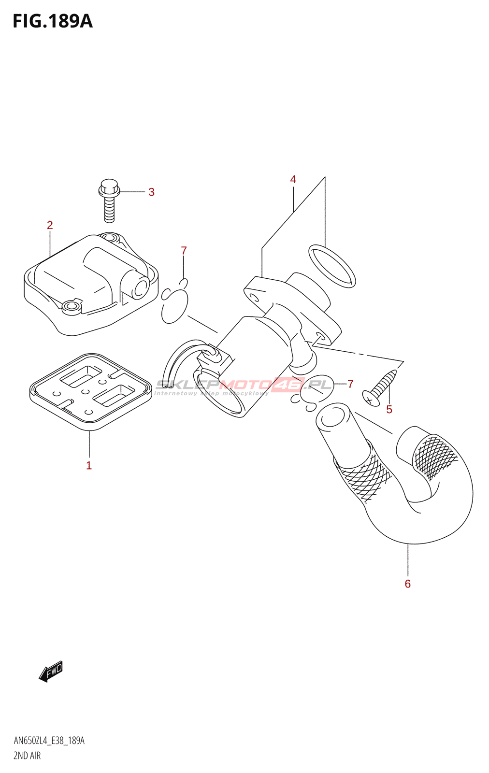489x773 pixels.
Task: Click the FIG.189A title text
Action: [52, 21]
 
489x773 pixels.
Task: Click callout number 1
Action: [89, 466]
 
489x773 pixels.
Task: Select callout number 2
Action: [50, 225]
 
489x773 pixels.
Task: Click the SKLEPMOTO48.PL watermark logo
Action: [244, 386]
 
